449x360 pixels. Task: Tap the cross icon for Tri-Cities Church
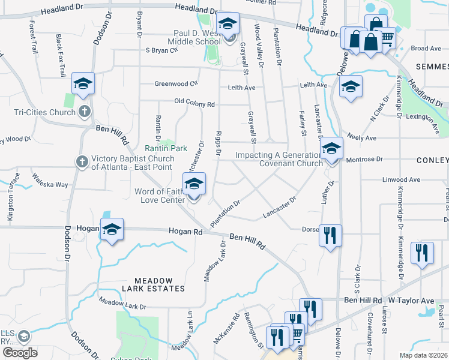84,111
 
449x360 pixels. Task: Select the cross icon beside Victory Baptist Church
82,161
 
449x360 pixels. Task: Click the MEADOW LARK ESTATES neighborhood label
153,284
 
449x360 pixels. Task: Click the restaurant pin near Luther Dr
329,235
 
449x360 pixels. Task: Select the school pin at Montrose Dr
331,148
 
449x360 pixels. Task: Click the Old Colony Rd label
194,104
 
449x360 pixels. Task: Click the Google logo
20,353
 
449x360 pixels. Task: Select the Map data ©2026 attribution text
423,355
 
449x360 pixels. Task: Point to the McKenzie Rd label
226,328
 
